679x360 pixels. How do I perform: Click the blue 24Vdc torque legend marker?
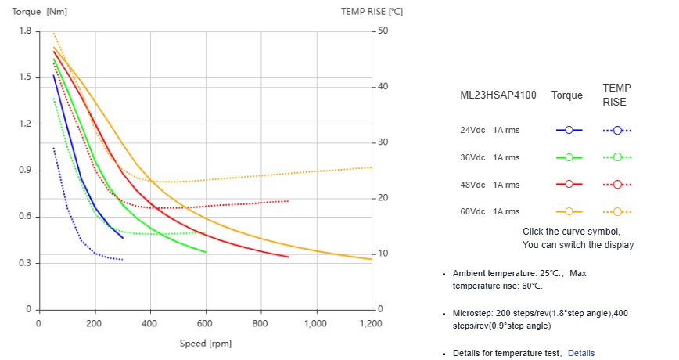(x=569, y=130)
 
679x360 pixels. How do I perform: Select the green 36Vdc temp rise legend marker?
(x=617, y=157)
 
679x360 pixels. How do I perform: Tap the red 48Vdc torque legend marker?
(x=569, y=184)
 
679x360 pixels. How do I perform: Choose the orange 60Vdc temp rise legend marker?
(x=617, y=211)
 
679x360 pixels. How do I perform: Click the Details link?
(x=580, y=353)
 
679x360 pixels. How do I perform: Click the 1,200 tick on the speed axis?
(x=371, y=323)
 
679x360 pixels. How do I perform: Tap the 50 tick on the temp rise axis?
(x=383, y=31)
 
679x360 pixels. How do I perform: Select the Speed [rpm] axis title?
(x=205, y=343)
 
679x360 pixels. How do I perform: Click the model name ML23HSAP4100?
(x=498, y=95)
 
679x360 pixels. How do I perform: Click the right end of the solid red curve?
(x=288, y=257)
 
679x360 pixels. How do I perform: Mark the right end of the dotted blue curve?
(x=122, y=259)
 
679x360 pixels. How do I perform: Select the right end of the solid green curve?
(x=205, y=252)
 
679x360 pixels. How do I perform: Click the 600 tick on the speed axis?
(x=205, y=323)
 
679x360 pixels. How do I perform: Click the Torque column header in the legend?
(x=567, y=95)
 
